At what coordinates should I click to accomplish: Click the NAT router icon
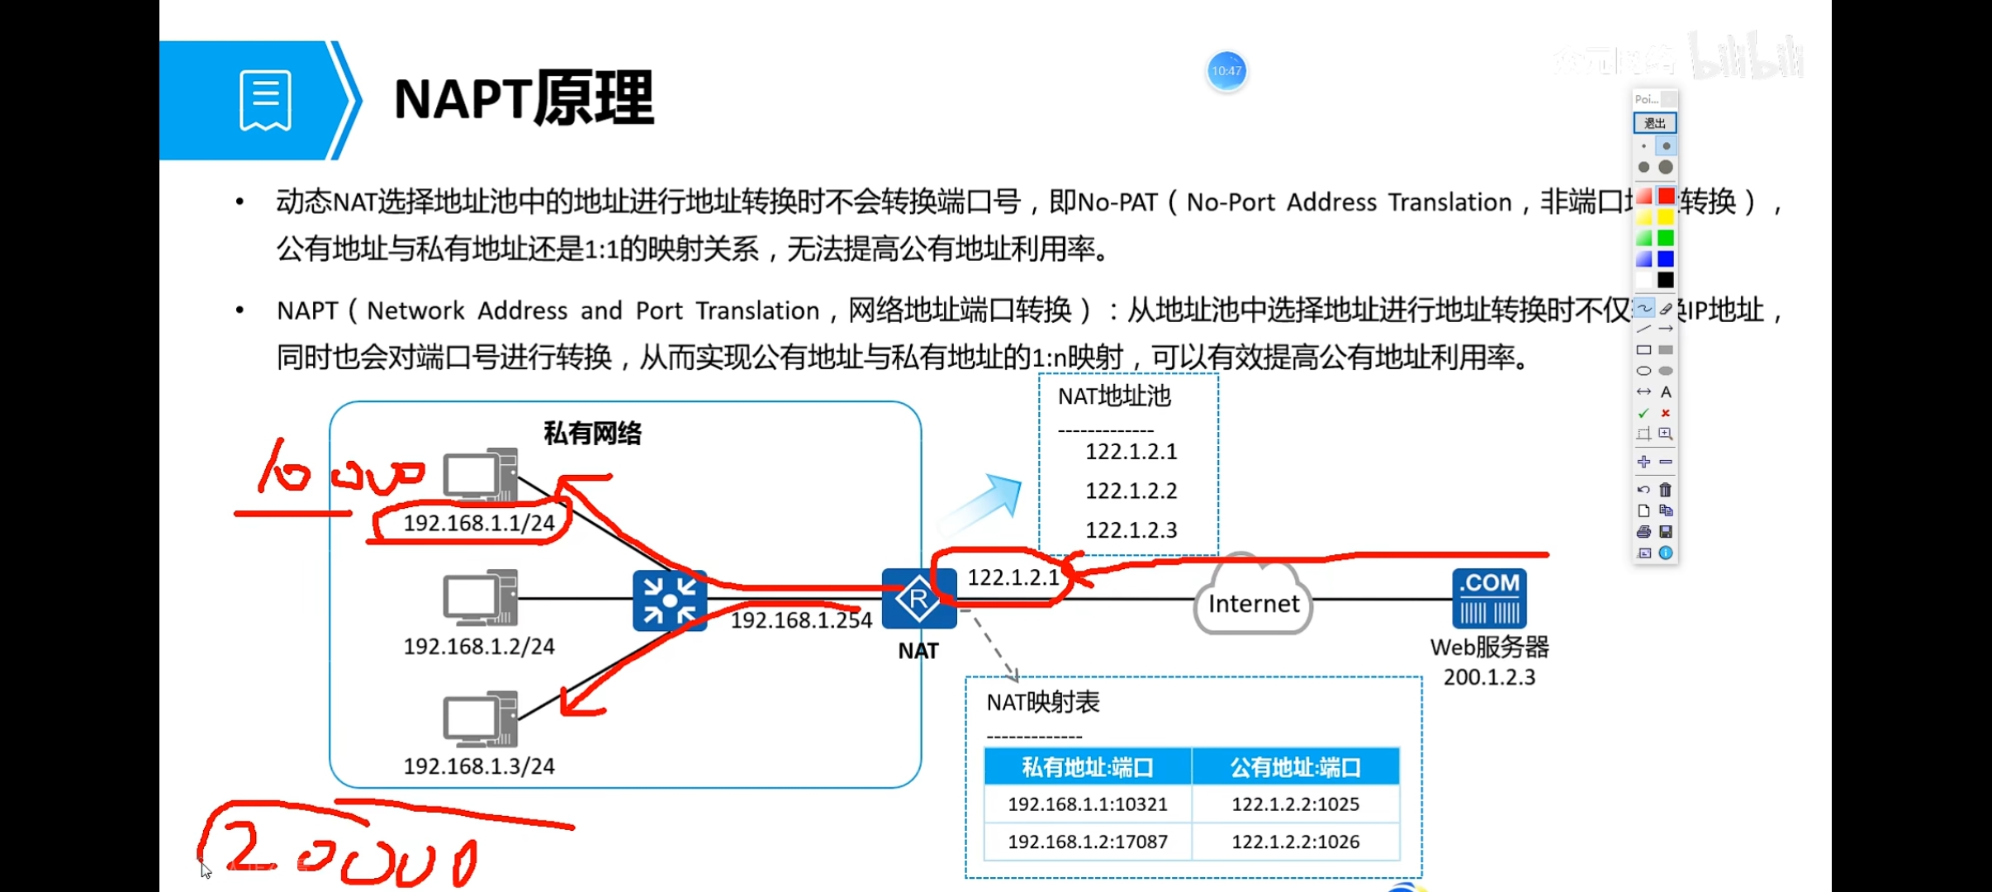(x=918, y=599)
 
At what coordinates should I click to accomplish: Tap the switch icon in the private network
(x=670, y=600)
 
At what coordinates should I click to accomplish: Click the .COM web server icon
(x=1489, y=599)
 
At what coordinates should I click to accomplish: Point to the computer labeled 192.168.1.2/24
(x=480, y=597)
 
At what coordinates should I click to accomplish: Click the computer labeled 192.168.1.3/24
(x=480, y=718)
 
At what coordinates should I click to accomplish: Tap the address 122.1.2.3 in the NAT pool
(x=1131, y=530)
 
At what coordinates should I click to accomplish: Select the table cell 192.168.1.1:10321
(x=1088, y=804)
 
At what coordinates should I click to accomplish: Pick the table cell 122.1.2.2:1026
(x=1295, y=842)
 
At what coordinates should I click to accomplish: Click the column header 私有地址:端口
(x=1088, y=767)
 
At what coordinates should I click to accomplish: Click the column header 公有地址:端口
(x=1295, y=767)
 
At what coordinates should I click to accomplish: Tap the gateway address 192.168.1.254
(x=801, y=620)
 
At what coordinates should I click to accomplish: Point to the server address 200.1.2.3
(x=1489, y=677)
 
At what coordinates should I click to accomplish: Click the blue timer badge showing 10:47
(x=1226, y=71)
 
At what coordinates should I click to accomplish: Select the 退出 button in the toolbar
(x=1654, y=123)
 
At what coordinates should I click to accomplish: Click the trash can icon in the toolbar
(x=1666, y=490)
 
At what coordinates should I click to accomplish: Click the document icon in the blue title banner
(x=265, y=101)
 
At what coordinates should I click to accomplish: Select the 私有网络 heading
(x=592, y=434)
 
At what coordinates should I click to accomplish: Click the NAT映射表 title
(x=1043, y=703)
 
